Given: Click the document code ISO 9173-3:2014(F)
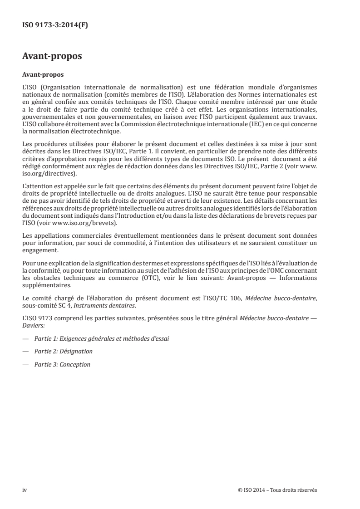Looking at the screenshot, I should [55, 25].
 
